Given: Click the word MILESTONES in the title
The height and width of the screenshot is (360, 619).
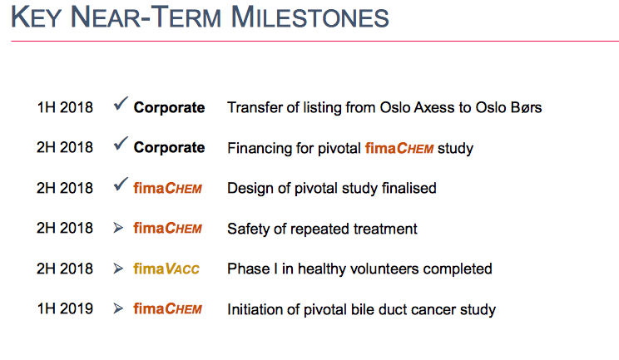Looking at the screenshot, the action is pos(309,17).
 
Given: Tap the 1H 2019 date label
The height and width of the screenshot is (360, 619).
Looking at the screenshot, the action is pos(65,308).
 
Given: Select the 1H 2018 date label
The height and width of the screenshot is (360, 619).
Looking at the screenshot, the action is pos(65,107).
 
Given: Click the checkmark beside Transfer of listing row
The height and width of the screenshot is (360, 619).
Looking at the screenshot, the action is pos(121,103).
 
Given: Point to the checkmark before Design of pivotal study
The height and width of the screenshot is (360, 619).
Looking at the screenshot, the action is pos(121,184).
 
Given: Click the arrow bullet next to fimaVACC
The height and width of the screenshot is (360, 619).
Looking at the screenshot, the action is pos(118,269).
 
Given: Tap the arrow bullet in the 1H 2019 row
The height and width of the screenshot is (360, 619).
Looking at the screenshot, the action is pos(118,308).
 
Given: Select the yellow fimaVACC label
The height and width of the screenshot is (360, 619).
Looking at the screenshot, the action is pos(166,269).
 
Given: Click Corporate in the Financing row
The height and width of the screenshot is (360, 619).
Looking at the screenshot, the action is pos(169,147).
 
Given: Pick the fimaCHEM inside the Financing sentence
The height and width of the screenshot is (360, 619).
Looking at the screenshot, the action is pos(399,148).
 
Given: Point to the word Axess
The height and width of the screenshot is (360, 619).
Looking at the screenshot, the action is pos(433,107).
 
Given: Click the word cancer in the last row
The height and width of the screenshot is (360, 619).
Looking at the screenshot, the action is pos(433,309).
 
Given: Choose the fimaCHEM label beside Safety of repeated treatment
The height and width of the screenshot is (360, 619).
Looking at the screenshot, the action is pos(167,228).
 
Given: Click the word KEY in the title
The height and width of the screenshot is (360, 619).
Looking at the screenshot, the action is pos(37,17).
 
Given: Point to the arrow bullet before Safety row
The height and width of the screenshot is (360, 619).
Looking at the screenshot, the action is pos(118,228).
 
